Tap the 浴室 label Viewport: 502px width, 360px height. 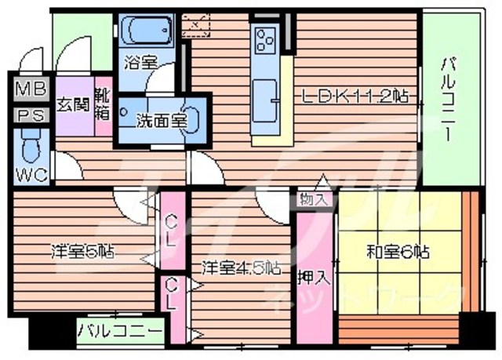pos(142,60)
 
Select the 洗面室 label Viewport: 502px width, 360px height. pos(161,121)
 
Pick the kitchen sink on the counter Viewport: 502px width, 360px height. pos(266,96)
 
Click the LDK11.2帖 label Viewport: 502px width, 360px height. pos(356,97)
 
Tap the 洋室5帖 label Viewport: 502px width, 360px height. pos(82,252)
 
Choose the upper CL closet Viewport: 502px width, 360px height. pos(173,229)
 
